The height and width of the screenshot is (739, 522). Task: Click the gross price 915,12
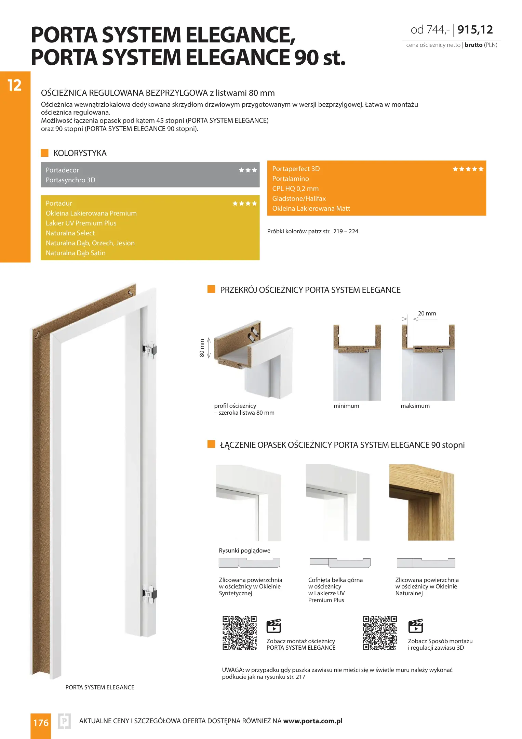475,30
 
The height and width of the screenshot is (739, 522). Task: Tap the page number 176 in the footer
41,723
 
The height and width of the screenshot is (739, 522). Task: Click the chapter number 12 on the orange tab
14,86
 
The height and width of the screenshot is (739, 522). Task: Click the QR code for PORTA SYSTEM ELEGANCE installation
239,633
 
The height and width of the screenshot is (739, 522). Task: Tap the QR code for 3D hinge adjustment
380,633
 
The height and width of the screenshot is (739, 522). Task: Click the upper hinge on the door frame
149,349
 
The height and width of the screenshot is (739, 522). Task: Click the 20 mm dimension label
427,313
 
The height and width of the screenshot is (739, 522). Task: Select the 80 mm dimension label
202,348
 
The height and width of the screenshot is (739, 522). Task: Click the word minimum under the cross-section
346,406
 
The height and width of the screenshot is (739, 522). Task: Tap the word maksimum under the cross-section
415,406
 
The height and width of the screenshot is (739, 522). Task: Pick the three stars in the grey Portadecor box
248,170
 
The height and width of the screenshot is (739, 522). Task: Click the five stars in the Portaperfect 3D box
468,169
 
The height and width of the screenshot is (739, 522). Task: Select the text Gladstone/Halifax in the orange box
299,198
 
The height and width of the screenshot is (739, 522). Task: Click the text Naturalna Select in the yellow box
70,233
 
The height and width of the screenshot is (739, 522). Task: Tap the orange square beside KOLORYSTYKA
44,153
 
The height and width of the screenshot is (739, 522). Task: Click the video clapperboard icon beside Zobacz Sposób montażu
416,626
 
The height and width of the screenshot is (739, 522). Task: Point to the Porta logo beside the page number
64,722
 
